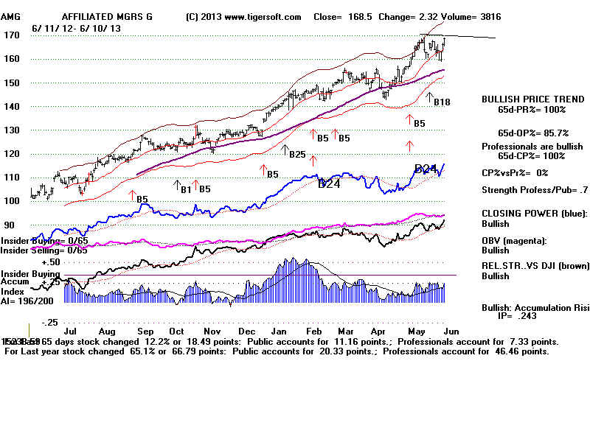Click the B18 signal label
coord(442,102)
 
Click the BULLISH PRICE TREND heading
coord(524,99)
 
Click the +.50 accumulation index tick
coord(50,262)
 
